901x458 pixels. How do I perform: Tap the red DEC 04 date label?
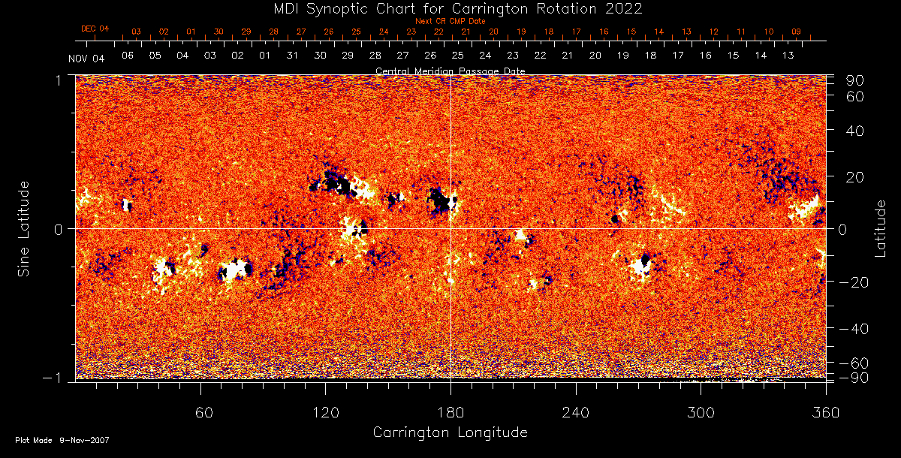pyautogui.click(x=95, y=29)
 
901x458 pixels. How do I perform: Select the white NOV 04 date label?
pyautogui.click(x=87, y=59)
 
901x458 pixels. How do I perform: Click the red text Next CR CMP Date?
pyautogui.click(x=450, y=21)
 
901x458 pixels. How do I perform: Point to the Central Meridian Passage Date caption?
pyautogui.click(x=450, y=71)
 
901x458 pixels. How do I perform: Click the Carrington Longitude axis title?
pyautogui.click(x=450, y=432)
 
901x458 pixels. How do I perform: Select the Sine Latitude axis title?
pyautogui.click(x=23, y=228)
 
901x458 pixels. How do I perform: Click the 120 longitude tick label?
pyautogui.click(x=326, y=412)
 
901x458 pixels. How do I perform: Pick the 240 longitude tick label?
pyautogui.click(x=576, y=412)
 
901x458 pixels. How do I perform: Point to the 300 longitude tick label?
pyautogui.click(x=701, y=412)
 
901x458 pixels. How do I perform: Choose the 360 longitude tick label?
pyautogui.click(x=825, y=412)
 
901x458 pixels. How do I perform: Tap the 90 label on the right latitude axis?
pyautogui.click(x=857, y=80)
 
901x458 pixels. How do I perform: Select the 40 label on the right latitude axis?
pyautogui.click(x=857, y=131)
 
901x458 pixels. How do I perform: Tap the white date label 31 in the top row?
pyautogui.click(x=293, y=56)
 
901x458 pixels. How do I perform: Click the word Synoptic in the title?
pyautogui.click(x=345, y=8)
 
